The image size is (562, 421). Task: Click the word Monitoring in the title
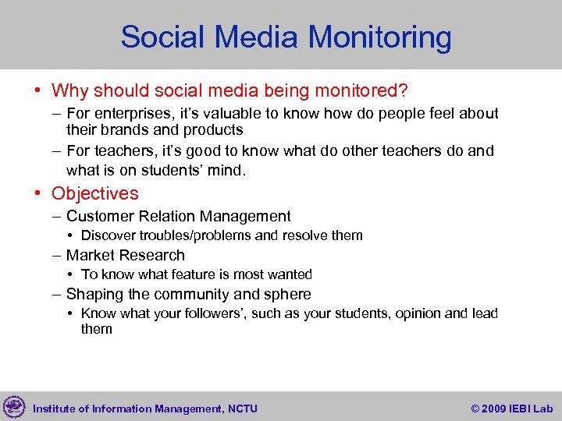point(379,37)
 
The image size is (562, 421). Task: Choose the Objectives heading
point(94,193)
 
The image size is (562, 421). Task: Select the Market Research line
point(125,256)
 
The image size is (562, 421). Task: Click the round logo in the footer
point(14,407)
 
